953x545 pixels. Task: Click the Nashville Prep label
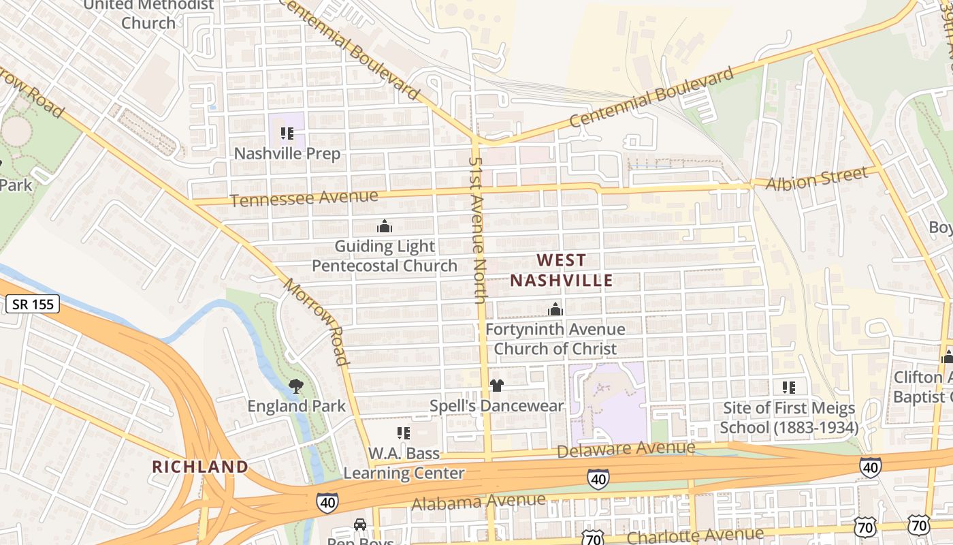(x=287, y=153)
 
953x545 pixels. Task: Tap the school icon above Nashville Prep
(x=287, y=134)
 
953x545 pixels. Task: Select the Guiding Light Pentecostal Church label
(x=385, y=255)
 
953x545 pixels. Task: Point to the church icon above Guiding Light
(x=385, y=226)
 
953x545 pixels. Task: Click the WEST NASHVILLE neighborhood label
(x=561, y=270)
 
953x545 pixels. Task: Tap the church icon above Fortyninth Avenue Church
(x=555, y=310)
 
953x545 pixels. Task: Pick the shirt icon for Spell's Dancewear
(x=496, y=386)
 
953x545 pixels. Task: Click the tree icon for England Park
(x=296, y=387)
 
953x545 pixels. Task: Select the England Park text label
(x=296, y=406)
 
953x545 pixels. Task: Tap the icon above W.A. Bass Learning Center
(x=403, y=433)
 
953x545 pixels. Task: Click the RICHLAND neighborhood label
(x=199, y=467)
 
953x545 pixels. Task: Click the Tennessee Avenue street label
(x=304, y=198)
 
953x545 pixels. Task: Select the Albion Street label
(x=817, y=178)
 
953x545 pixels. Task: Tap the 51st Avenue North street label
(x=478, y=229)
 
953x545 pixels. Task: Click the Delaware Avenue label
(x=626, y=449)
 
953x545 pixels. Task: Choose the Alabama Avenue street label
(x=479, y=502)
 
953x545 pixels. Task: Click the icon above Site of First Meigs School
(x=788, y=388)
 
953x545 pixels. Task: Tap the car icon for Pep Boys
(x=359, y=525)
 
